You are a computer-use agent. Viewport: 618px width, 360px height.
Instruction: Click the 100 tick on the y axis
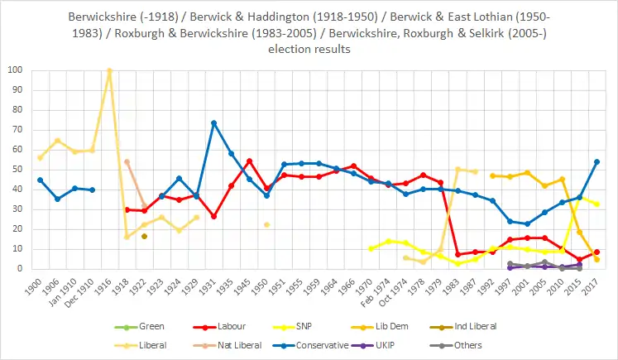(15, 70)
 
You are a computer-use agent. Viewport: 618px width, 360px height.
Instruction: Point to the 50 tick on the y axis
(17, 170)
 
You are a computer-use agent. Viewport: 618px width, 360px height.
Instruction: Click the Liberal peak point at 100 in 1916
(109, 70)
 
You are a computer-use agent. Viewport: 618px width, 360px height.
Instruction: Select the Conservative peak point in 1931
(213, 122)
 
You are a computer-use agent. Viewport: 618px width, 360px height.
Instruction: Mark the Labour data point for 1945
(249, 161)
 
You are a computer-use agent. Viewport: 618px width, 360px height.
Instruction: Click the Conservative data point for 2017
(596, 161)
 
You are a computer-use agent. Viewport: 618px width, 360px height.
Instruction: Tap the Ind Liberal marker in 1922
(144, 236)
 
